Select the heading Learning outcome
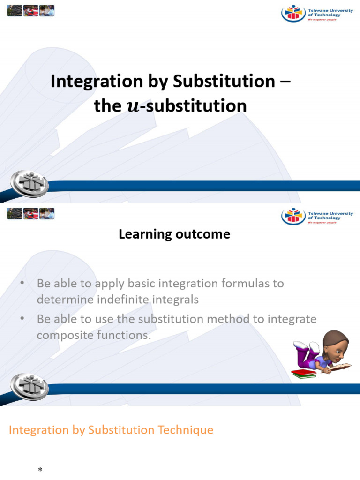click(x=174, y=234)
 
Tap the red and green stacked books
click(x=304, y=373)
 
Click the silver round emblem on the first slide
click(x=30, y=183)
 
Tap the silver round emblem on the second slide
click(x=30, y=386)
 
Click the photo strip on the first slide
click(x=31, y=10)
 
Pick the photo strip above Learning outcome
click(x=31, y=214)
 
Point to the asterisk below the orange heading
click(x=40, y=470)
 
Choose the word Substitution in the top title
click(x=220, y=82)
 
